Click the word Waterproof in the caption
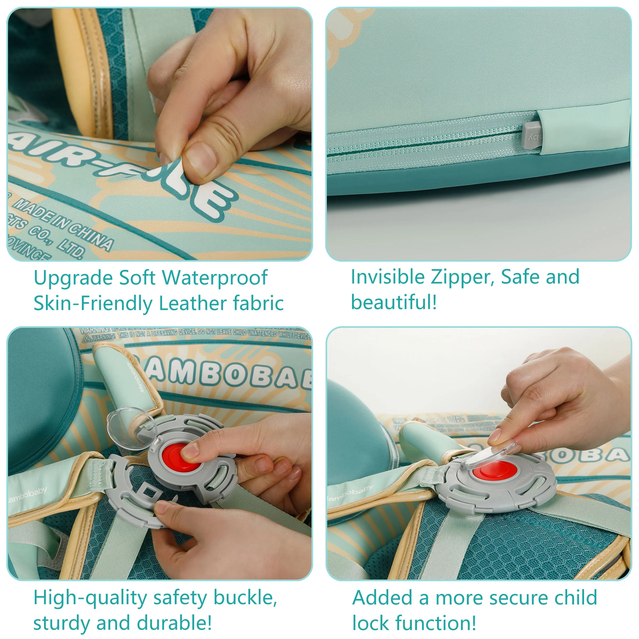click(215, 278)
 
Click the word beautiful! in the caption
click(394, 302)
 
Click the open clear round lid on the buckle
click(132, 428)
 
